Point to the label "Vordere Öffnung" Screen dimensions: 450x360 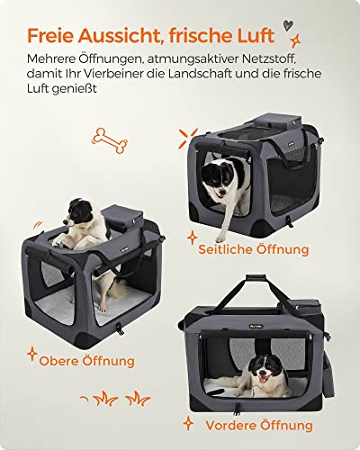click(x=259, y=424)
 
